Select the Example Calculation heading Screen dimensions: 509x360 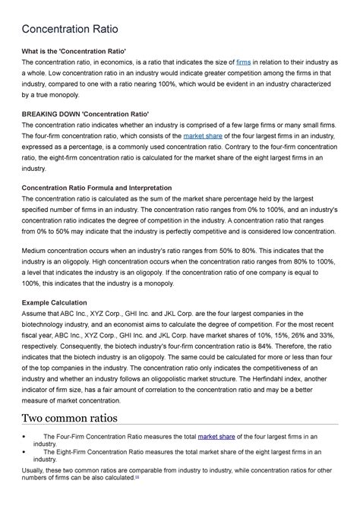tap(55, 301)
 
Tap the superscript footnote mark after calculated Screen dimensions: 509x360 tap(137, 478)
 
